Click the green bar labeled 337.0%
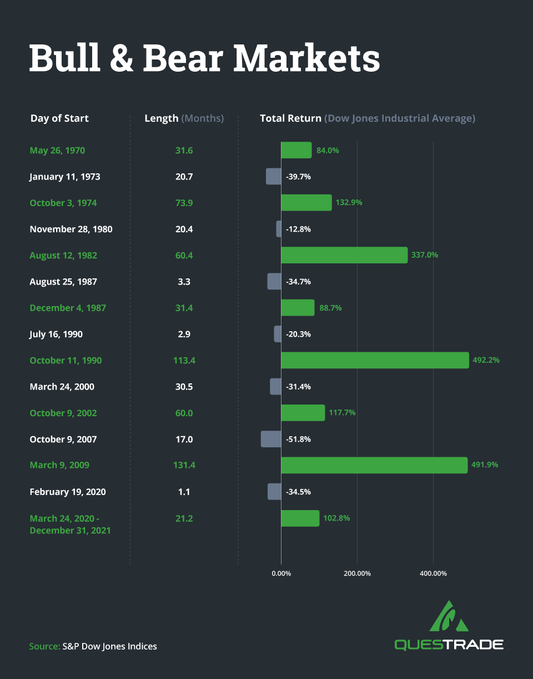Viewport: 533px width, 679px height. [344, 255]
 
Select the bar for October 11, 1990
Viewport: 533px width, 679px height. [375, 360]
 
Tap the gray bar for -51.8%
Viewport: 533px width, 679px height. [271, 439]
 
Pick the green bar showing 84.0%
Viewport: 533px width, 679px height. [296, 150]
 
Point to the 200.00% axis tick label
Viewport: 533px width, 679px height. [357, 573]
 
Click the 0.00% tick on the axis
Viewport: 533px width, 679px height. [281, 573]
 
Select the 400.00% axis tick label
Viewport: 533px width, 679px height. [433, 573]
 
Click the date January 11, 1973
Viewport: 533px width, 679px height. [65, 177]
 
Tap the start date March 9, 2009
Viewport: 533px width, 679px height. [59, 465]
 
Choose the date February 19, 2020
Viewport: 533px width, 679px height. [68, 492]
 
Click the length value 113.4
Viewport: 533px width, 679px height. [184, 360]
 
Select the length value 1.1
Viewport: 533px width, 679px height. [184, 492]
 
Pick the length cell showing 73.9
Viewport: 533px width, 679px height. [184, 203]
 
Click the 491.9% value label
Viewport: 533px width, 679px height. [485, 465]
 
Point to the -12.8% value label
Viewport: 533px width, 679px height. [298, 229]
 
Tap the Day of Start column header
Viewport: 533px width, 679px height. [59, 118]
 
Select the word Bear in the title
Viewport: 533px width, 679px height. [183, 58]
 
